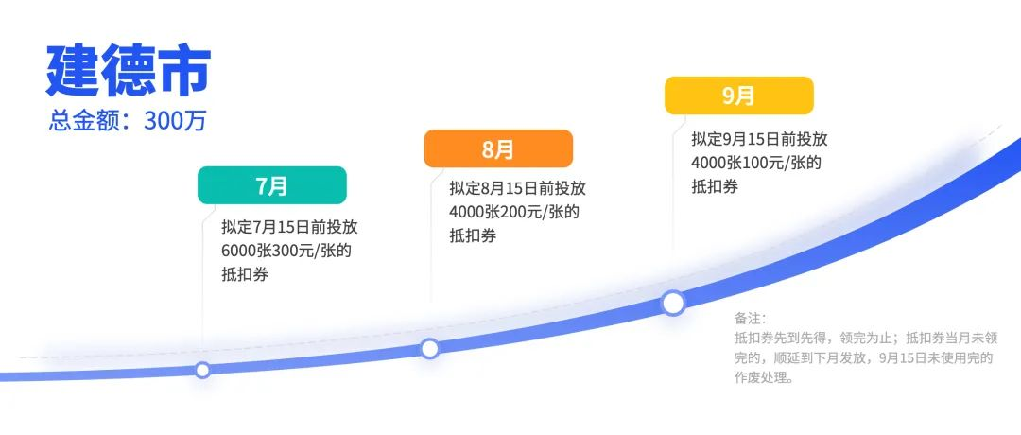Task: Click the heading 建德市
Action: [x=129, y=72]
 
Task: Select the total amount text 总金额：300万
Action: [x=128, y=121]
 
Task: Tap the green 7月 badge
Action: [x=272, y=185]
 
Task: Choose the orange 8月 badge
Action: [x=498, y=149]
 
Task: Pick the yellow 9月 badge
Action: [x=739, y=96]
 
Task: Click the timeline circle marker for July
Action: [x=202, y=370]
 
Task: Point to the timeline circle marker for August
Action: [x=430, y=349]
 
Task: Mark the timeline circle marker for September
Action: [x=673, y=303]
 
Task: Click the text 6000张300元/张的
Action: [x=286, y=251]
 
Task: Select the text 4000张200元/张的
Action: [x=514, y=212]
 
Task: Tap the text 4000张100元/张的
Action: [x=756, y=162]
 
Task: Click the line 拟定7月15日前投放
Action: [x=290, y=227]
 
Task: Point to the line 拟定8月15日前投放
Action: [x=518, y=188]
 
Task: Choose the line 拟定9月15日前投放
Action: [x=759, y=139]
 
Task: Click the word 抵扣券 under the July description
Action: [x=245, y=275]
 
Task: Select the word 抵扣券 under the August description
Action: [x=473, y=235]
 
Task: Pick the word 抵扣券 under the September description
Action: [x=715, y=186]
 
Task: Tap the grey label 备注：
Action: [x=751, y=319]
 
